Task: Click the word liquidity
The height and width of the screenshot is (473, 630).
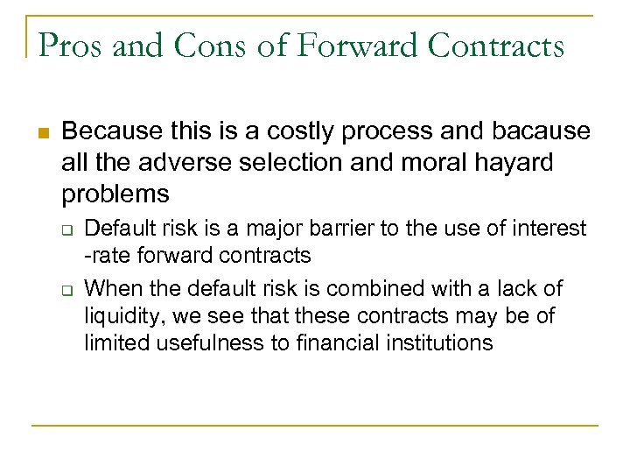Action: click(118, 315)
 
